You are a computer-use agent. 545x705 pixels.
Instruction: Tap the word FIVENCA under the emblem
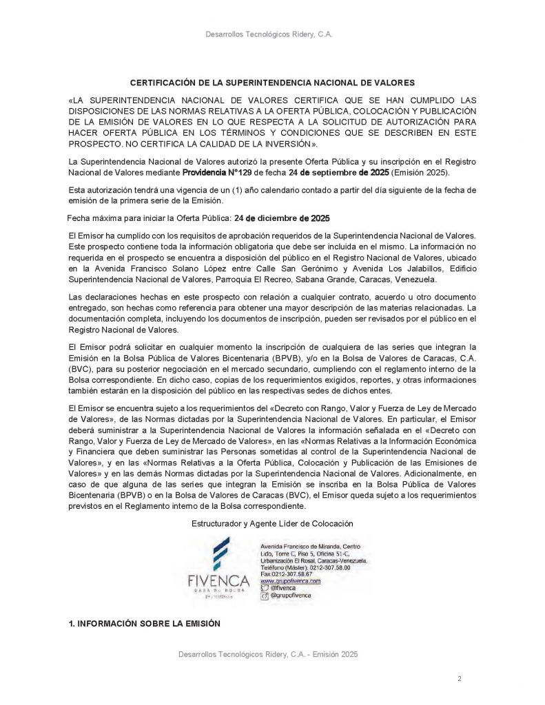point(219,582)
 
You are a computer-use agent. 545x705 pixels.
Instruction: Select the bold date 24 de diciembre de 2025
point(281,219)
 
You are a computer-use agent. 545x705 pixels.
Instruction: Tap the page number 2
point(459,679)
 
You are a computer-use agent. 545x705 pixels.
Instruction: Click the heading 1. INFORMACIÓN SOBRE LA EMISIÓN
point(144,624)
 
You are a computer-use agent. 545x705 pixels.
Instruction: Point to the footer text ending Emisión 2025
point(267,654)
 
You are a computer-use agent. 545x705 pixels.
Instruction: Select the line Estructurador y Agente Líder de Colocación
point(271,524)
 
